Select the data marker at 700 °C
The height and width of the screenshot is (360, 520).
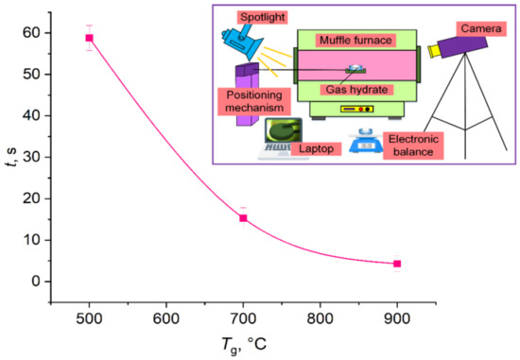tap(243, 218)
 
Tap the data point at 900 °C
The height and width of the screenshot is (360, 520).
tap(397, 264)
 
